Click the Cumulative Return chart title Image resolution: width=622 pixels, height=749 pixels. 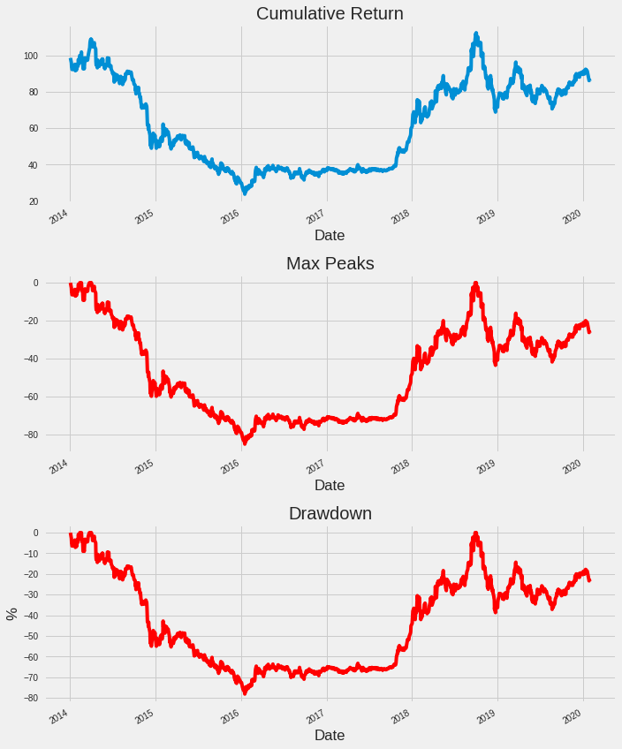(330, 13)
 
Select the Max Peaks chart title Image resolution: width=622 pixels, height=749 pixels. (330, 263)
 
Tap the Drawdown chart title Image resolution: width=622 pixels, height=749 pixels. (330, 513)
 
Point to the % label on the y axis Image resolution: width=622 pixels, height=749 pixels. (12, 614)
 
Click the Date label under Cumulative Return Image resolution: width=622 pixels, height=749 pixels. (330, 236)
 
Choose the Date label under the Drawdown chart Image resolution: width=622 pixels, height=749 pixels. (330, 735)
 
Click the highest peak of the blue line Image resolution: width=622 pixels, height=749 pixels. (476, 34)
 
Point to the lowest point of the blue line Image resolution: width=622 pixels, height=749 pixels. (245, 192)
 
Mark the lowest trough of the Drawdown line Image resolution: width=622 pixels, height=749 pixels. (245, 693)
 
